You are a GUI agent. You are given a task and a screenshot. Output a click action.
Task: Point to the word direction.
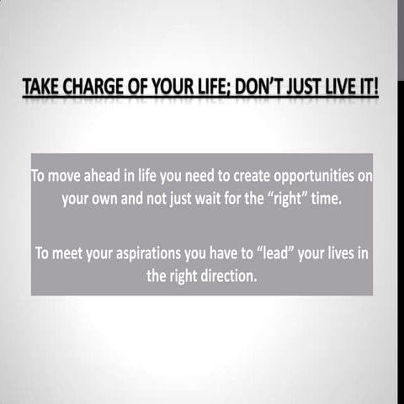[226, 276]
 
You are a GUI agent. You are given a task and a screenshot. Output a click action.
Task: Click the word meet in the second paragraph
[72, 253]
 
